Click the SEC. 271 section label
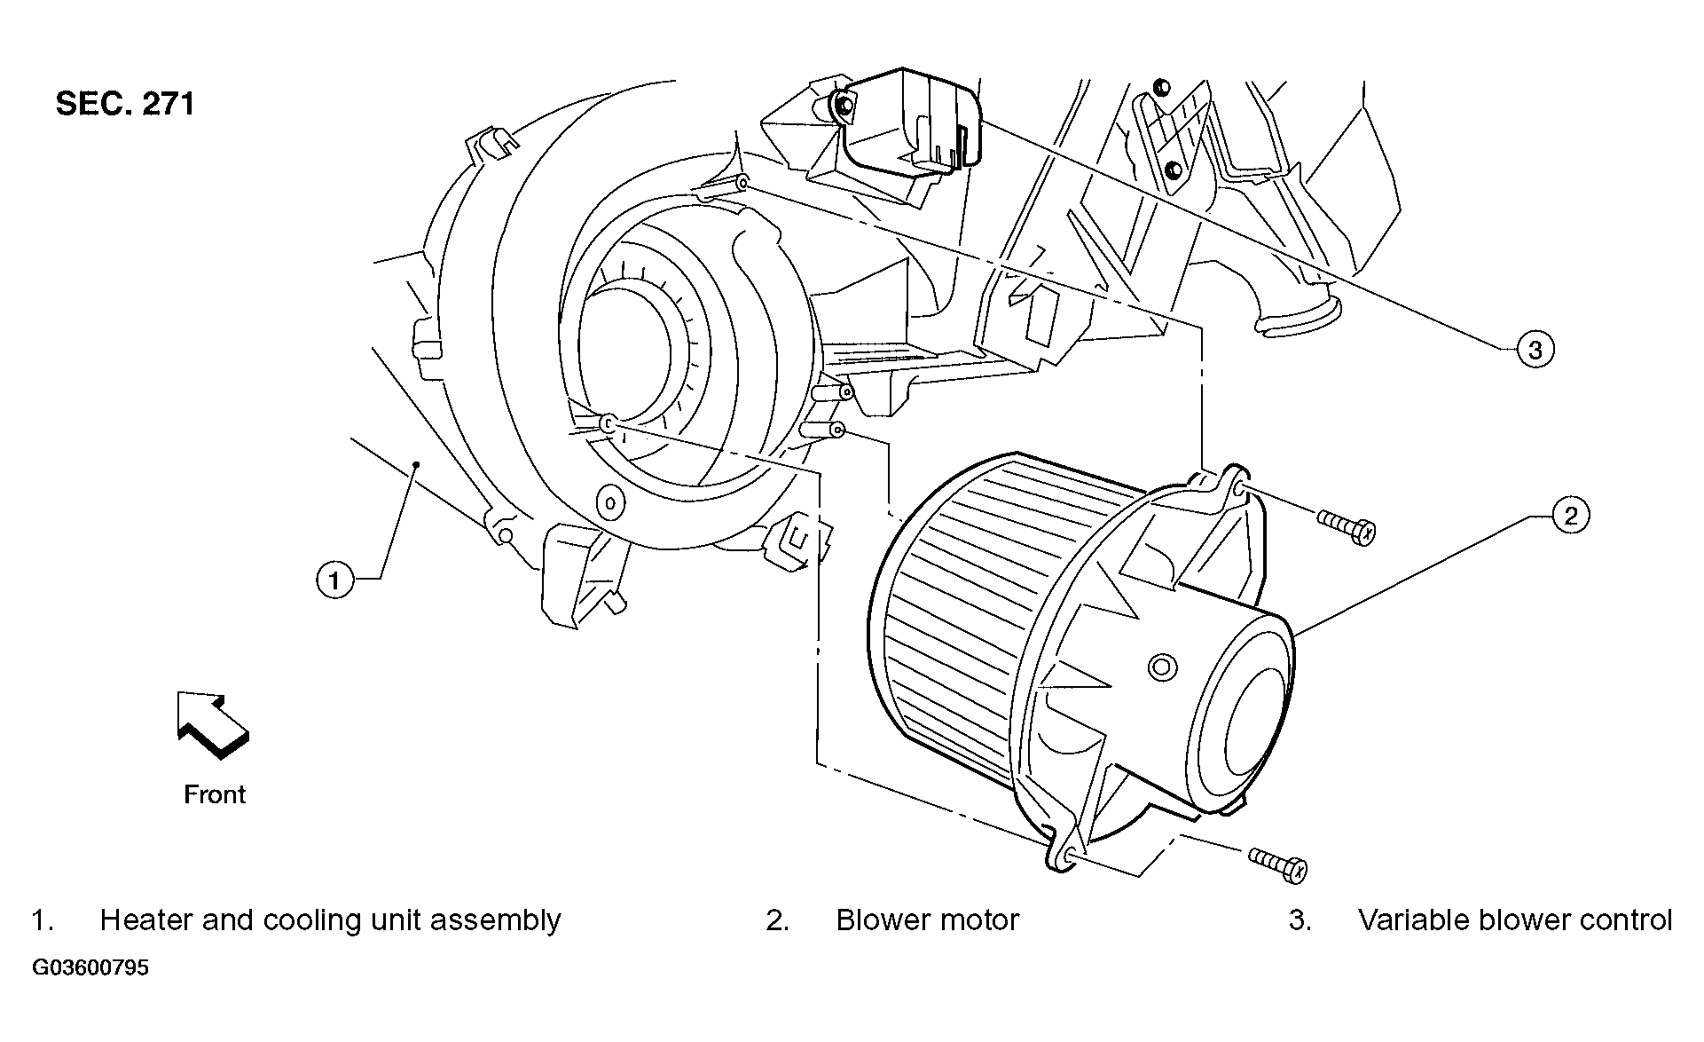click(x=125, y=104)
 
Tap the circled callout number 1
click(x=334, y=581)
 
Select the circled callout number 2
click(x=1571, y=516)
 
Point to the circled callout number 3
click(x=1535, y=350)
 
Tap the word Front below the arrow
click(x=215, y=794)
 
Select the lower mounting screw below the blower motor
click(x=1278, y=864)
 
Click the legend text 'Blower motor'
click(x=927, y=920)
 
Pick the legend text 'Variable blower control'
click(x=1515, y=920)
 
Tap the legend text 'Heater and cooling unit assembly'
click(x=330, y=920)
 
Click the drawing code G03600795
click(x=90, y=967)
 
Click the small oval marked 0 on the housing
click(x=609, y=503)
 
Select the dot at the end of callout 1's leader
click(x=416, y=464)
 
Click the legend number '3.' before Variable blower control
click(x=1300, y=920)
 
